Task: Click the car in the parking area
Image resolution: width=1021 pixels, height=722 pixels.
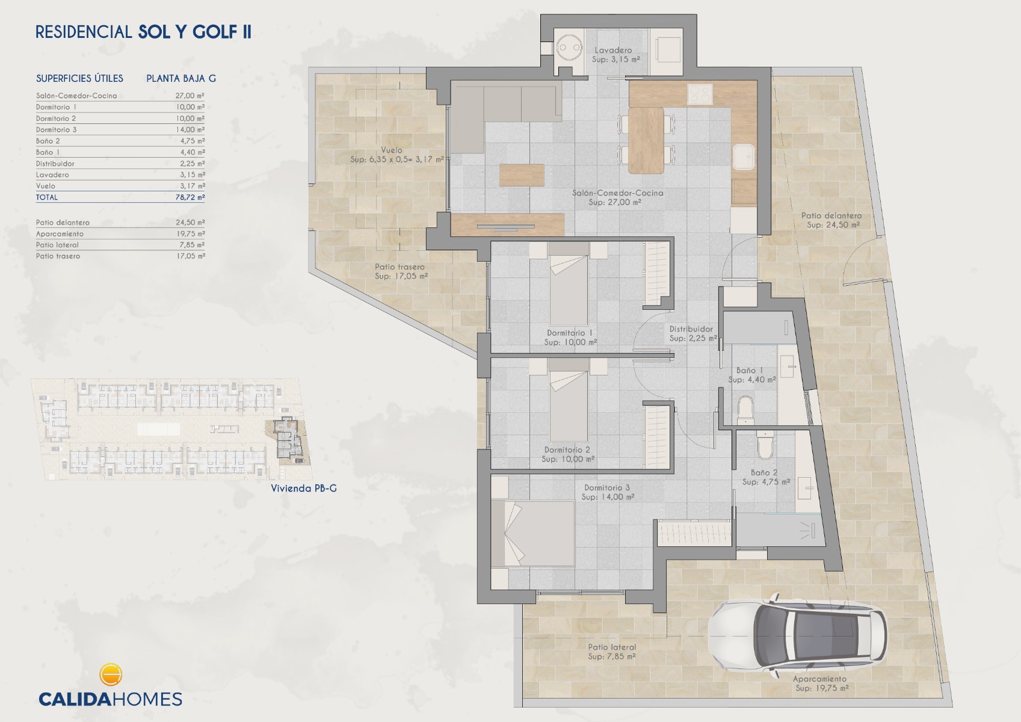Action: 798,635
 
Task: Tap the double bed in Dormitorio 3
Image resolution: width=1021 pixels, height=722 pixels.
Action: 533,534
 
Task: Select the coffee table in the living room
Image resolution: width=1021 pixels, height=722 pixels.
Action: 522,175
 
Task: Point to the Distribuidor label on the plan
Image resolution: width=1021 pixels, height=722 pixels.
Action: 691,329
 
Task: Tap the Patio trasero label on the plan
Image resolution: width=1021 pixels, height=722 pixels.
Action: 399,267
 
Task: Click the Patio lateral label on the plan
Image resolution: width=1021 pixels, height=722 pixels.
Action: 612,647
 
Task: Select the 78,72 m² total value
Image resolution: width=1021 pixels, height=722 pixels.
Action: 190,197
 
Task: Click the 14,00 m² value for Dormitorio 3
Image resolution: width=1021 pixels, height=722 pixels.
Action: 190,129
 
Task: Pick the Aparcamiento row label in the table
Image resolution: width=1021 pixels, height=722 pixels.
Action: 60,234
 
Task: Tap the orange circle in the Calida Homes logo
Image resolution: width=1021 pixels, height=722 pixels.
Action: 110,674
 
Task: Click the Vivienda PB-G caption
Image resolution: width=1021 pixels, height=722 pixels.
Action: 304,488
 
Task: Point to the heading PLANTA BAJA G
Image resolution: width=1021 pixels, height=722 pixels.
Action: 181,78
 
